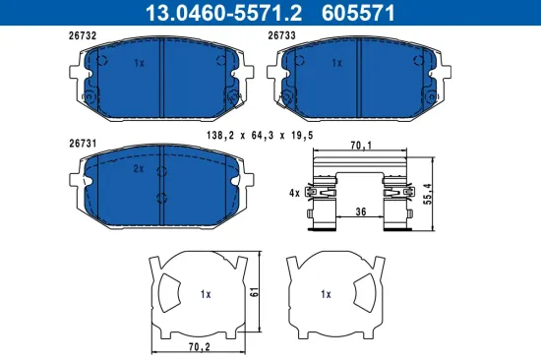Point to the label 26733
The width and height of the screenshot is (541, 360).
[283, 35]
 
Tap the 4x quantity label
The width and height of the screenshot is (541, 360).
[295, 194]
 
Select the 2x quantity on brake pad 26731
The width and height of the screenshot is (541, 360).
[139, 169]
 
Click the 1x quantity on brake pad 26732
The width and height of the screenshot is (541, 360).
[139, 63]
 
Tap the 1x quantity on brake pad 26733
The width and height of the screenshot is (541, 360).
[336, 63]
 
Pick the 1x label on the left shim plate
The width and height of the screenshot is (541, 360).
[205, 294]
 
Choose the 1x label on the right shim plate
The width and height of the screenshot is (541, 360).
[326, 294]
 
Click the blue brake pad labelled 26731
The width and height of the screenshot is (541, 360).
[161, 180]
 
